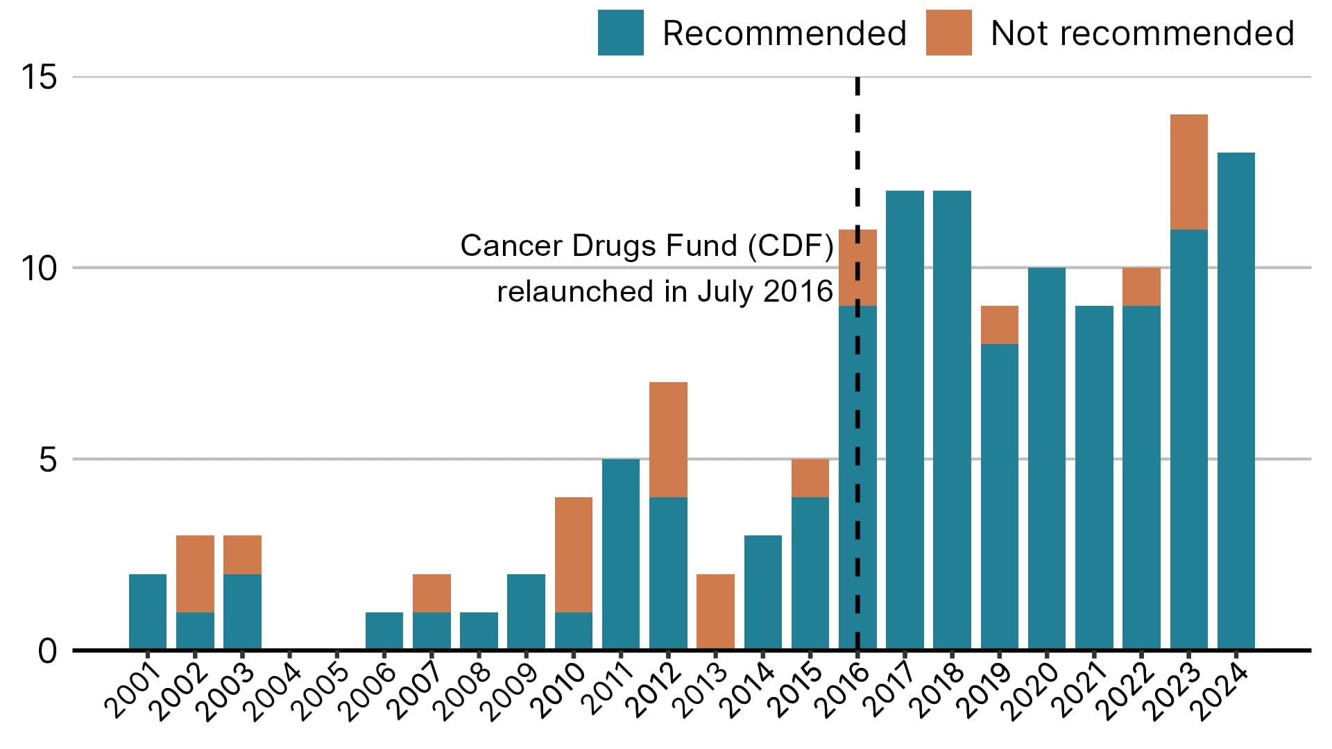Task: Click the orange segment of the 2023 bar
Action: pos(1188,172)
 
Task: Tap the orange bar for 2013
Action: pos(715,612)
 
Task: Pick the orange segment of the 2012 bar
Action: pos(668,440)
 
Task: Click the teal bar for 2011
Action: pos(621,554)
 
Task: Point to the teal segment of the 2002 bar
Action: pos(195,631)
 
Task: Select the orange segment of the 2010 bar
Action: pos(574,555)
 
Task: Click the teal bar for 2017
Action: pos(905,420)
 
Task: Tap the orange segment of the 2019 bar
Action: pos(999,325)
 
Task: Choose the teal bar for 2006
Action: pos(384,631)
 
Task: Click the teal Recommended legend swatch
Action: pos(620,33)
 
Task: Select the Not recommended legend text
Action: pos(1142,33)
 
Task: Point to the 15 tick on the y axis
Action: pos(39,77)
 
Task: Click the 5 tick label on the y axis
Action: pos(47,459)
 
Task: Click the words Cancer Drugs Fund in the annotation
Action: pos(598,246)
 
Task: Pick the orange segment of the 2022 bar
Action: pos(1141,286)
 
